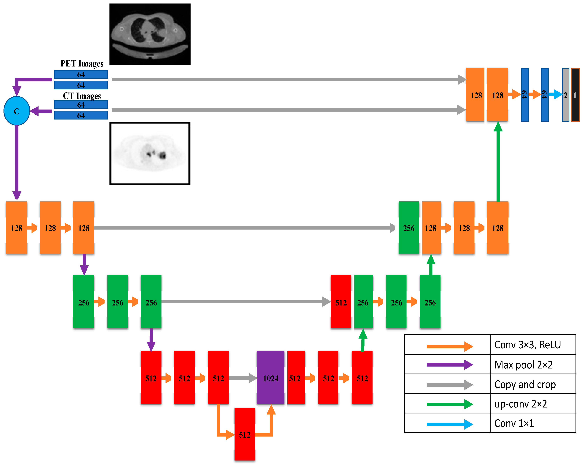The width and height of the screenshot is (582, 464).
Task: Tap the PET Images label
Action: tap(82, 64)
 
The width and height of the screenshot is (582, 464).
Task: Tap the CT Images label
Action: tap(82, 96)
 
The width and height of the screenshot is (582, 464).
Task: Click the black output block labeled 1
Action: tap(575, 95)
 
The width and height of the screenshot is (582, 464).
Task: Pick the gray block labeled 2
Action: tap(566, 95)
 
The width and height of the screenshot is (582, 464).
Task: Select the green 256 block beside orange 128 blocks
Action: tap(409, 228)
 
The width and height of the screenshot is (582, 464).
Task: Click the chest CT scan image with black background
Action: tap(150, 34)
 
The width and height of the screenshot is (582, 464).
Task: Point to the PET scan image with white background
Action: tap(150, 153)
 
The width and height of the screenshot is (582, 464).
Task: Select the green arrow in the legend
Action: tap(449, 404)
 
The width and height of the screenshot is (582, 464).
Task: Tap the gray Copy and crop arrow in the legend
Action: tap(449, 384)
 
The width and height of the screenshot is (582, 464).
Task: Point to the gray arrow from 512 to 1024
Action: tap(242, 378)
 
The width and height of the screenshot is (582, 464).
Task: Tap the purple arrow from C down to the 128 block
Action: tap(17, 162)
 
